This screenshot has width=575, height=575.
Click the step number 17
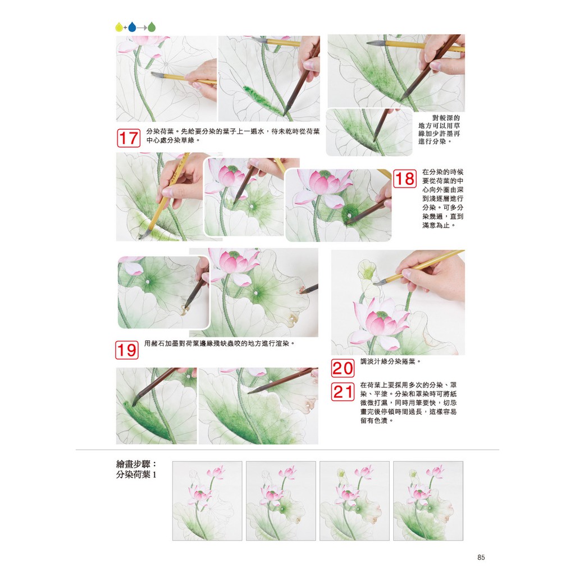129,138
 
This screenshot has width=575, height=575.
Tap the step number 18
405,179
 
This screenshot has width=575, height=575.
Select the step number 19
127,350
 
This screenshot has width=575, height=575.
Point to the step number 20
343,368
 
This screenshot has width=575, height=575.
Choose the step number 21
343,391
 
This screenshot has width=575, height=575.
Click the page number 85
481,558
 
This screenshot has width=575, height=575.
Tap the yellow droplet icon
119,27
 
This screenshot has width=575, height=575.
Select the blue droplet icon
132,27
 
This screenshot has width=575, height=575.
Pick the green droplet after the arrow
152,27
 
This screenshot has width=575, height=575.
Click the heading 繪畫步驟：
136,464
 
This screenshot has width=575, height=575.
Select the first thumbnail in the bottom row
207,501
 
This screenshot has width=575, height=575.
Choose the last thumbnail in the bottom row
428,501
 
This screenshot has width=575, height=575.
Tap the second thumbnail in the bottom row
281,501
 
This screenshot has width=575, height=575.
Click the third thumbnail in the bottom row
355,501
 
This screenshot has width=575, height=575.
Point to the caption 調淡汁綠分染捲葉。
391,362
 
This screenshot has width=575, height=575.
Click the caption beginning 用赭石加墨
220,344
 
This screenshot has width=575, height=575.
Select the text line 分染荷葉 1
136,474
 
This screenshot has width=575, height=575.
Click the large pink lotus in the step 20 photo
379,323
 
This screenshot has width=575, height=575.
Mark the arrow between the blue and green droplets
142,27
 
